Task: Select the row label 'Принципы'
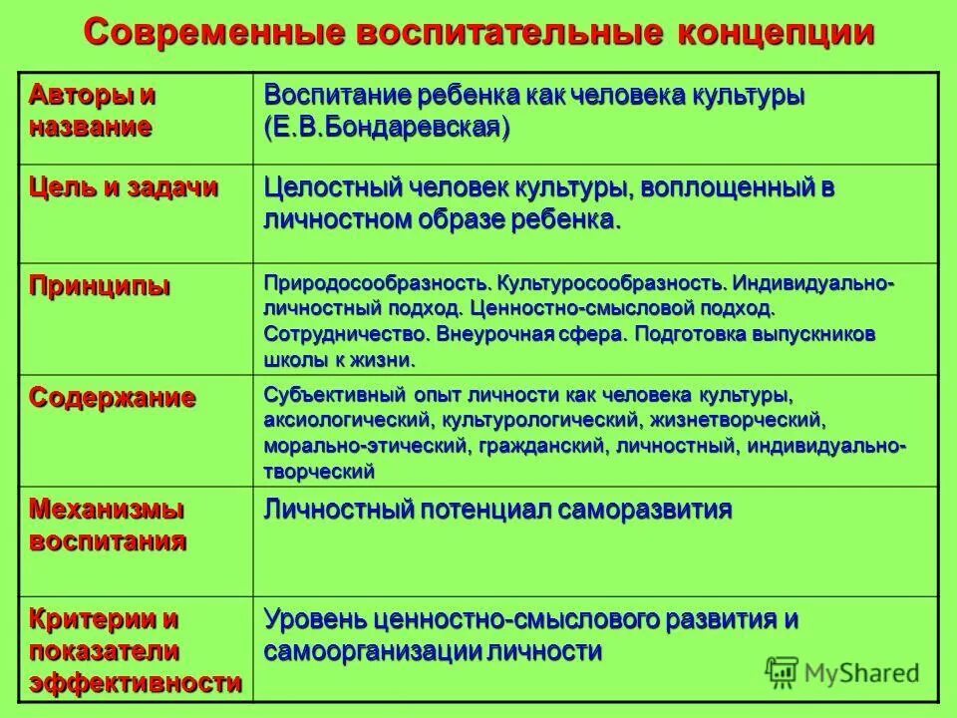coord(100,286)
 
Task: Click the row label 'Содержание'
coord(113,397)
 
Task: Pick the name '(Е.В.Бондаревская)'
coord(388,128)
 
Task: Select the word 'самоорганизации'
coord(374,652)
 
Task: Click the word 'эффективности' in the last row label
coord(135,684)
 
